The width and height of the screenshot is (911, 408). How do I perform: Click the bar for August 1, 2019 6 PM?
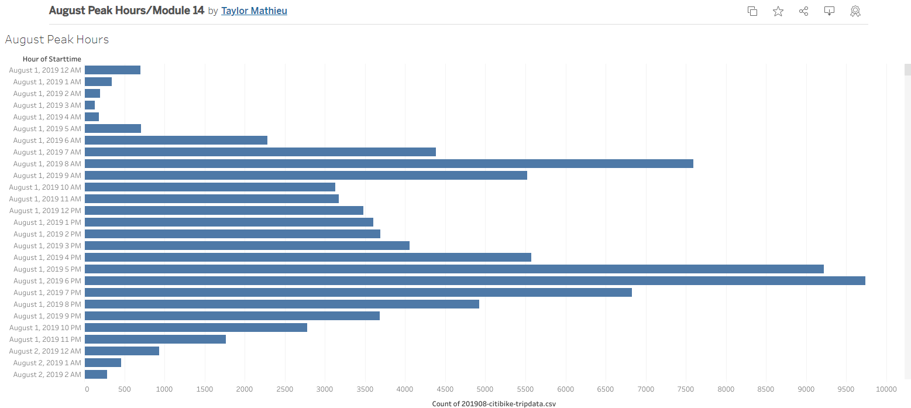pos(475,281)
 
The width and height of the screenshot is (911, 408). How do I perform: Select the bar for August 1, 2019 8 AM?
pos(389,164)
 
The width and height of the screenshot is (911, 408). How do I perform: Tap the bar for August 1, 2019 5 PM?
pos(454,269)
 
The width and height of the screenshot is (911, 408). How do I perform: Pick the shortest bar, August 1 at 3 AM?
pos(90,105)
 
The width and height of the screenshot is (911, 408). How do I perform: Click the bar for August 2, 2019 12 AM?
pos(122,351)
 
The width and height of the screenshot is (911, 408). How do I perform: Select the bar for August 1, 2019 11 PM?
pos(155,340)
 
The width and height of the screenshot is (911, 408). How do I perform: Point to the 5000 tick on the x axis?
pos(486,389)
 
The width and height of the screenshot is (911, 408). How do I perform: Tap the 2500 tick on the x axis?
pos(285,389)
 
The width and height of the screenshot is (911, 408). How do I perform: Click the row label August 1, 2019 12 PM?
pos(45,211)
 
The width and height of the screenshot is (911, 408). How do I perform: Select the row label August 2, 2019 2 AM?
pos(47,375)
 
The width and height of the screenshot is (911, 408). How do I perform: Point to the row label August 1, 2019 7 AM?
pos(47,152)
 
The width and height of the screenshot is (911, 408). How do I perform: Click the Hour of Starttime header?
pos(52,59)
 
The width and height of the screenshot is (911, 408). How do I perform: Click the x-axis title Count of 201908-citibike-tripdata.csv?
pos(494,404)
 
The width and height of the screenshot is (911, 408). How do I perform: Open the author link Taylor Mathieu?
pos(254,11)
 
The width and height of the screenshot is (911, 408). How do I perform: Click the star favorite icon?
pos(778,11)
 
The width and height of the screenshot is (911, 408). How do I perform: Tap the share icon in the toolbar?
pos(803,11)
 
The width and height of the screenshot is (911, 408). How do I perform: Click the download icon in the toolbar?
pos(829,11)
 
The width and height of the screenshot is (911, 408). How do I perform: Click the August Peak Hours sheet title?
pos(57,40)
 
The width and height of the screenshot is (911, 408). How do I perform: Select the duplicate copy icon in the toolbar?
pos(752,11)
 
